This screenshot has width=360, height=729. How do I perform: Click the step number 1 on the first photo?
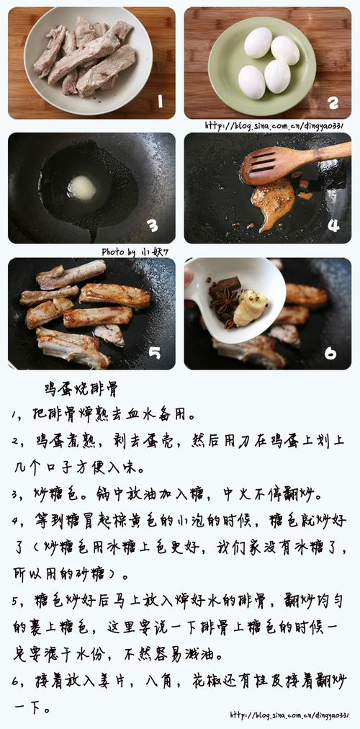tap(160, 101)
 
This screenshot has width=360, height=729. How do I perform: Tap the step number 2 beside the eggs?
tap(333, 102)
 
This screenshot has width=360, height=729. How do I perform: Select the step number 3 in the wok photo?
tap(152, 226)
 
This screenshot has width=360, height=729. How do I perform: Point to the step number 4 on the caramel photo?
tap(333, 225)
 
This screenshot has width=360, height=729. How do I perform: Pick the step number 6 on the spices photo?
tap(330, 353)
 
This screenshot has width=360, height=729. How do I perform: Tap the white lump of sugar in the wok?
tap(82, 188)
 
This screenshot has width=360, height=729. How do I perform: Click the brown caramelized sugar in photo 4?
tap(274, 201)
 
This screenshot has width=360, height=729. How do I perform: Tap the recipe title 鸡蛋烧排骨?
tap(81, 390)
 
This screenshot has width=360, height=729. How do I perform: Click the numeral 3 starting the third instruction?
tap(15, 495)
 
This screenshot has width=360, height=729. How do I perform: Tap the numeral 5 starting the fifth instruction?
tap(15, 601)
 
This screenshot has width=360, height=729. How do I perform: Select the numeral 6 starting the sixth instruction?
tap(15, 680)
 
